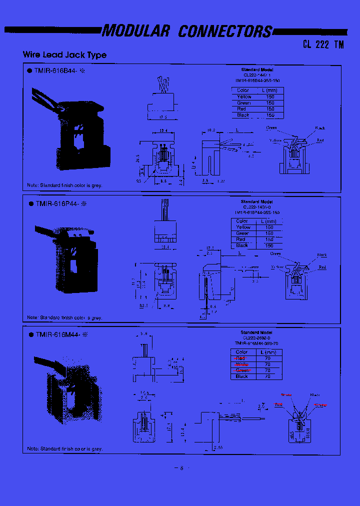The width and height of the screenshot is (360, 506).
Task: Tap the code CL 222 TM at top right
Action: tap(323, 44)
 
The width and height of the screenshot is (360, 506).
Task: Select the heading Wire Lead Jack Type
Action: tap(64, 55)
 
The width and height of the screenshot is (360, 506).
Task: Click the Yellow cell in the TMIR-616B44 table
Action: tap(244, 96)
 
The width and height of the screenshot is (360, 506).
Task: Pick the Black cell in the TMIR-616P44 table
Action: tap(242, 245)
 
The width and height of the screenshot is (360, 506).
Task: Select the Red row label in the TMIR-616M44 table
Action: tap(240, 358)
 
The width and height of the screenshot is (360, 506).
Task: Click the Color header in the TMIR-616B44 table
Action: tap(243, 90)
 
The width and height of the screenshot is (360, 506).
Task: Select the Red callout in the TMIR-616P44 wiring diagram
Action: tap(322, 267)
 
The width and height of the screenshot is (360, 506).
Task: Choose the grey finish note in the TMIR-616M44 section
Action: tap(65, 448)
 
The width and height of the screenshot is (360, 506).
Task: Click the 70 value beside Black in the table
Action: tap(267, 376)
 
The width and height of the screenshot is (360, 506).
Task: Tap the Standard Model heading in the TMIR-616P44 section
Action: tap(256, 201)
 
